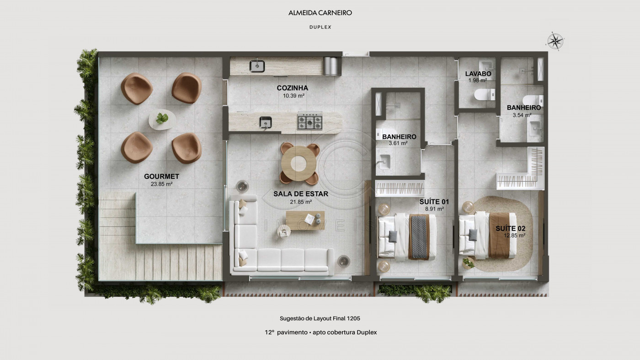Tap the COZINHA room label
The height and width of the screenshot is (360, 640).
(x=292, y=88)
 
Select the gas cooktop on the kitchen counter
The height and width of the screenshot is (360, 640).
(x=310, y=121)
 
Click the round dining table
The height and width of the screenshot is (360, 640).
(x=299, y=163)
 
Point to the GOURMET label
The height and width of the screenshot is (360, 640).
(x=161, y=177)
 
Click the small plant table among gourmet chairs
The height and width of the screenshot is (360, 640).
(x=162, y=119)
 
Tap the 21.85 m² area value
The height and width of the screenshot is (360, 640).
(x=301, y=202)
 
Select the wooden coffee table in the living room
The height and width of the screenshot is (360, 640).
(x=305, y=220)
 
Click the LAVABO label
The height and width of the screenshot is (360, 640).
(x=478, y=74)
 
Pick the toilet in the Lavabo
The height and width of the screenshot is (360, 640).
(x=485, y=94)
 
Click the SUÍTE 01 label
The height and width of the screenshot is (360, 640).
(x=434, y=202)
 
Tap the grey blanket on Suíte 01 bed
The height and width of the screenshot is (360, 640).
(x=419, y=237)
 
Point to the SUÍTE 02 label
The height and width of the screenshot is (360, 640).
(x=510, y=228)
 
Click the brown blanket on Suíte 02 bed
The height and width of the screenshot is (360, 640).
(x=500, y=235)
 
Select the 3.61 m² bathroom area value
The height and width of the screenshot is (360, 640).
(x=398, y=143)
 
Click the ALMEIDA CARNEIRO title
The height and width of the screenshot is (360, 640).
(x=320, y=13)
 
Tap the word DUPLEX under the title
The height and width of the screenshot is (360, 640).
(x=320, y=27)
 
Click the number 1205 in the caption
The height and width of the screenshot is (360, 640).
(x=353, y=318)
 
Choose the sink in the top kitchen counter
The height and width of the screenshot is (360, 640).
(x=257, y=66)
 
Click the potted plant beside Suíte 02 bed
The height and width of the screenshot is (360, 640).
(x=468, y=262)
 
